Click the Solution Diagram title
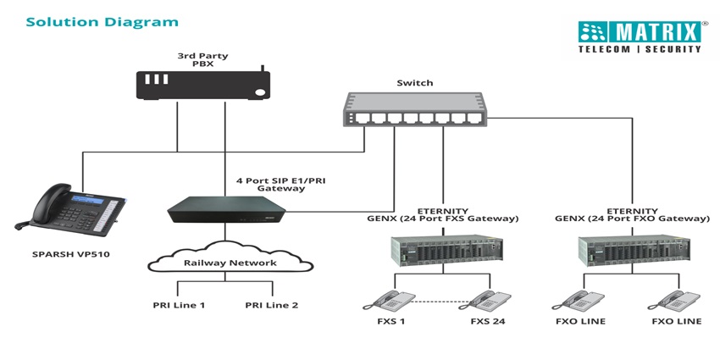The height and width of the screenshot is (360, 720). [102, 21]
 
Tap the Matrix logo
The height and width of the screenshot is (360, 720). [641, 36]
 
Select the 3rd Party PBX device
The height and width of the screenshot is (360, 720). [203, 85]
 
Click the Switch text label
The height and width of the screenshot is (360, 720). [415, 83]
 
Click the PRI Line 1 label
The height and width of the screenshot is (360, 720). [179, 305]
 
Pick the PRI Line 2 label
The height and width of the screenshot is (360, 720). [272, 305]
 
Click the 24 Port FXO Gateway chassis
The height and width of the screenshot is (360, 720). [631, 250]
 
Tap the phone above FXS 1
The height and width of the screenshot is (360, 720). [390, 300]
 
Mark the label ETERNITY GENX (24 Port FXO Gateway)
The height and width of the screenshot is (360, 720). [630, 215]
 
